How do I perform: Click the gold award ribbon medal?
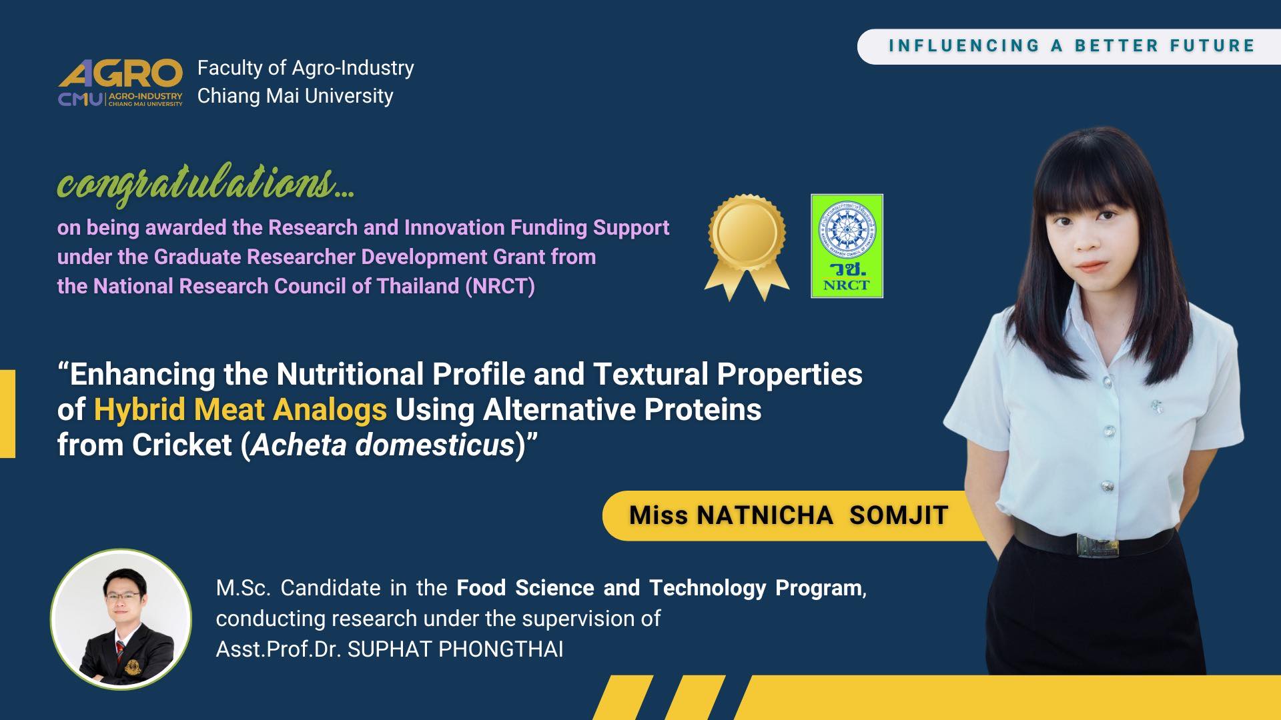point(747,247)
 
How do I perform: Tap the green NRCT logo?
point(847,246)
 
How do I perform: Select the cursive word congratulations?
point(205,182)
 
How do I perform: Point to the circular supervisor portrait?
point(121,619)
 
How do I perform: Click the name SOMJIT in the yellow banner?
point(899,515)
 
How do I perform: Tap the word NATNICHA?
point(765,515)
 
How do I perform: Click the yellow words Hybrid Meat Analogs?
point(240,409)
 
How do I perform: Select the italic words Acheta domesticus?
point(384,445)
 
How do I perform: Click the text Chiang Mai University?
point(295,96)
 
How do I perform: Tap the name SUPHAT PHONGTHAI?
point(455,649)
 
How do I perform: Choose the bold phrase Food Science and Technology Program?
point(659,588)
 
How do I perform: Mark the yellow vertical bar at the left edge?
point(7,414)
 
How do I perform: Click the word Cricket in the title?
point(181,445)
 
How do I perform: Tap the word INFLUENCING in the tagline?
point(964,46)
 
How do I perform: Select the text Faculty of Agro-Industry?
point(306,68)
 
